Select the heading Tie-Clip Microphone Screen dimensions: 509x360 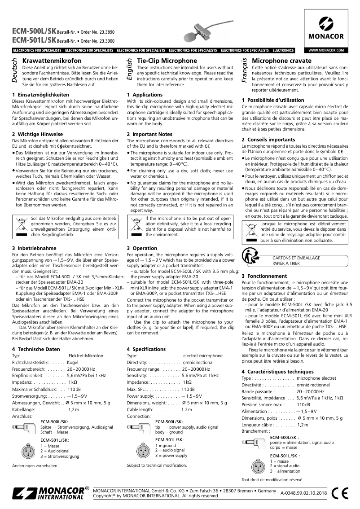[x=167, y=60]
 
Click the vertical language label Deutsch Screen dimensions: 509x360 [x=15, y=70]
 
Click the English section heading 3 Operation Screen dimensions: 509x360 [x=142, y=248]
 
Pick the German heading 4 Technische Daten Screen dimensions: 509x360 [x=36, y=349]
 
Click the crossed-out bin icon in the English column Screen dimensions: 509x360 [x=135, y=226]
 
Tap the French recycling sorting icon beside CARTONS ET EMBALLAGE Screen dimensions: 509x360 [x=250, y=258]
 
